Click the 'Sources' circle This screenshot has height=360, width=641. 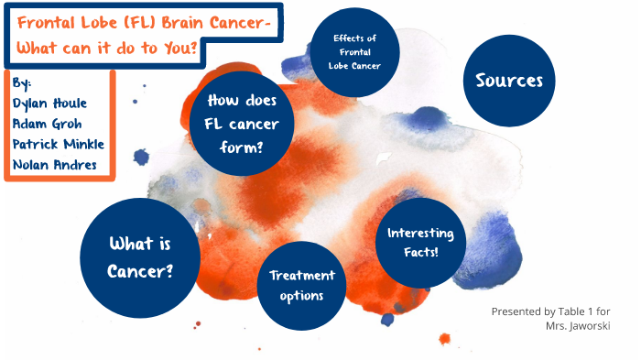pyautogui.click(x=509, y=81)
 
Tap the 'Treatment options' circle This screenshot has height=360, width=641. pyautogui.click(x=302, y=285)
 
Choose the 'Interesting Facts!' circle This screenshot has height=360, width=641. pyautogui.click(x=421, y=241)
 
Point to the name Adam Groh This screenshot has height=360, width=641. pyautogui.click(x=47, y=123)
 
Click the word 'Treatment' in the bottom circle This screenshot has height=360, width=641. pyautogui.click(x=302, y=275)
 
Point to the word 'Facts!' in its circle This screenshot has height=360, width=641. pyautogui.click(x=420, y=250)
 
